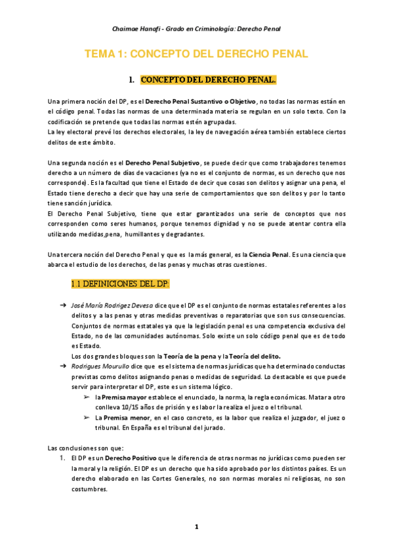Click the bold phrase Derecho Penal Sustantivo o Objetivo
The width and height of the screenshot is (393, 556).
coord(201,102)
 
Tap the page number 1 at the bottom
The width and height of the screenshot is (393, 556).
coord(196,527)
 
